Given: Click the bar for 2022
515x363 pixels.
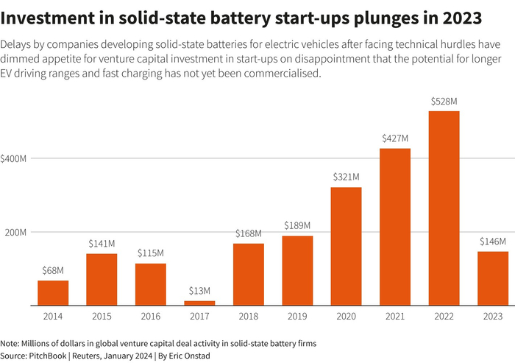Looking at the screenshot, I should click(444, 208).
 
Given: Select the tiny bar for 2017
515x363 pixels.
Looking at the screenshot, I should click(199, 303).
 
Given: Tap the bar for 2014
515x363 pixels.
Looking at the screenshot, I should click(53, 292).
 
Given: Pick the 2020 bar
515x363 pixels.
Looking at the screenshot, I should click(346, 246).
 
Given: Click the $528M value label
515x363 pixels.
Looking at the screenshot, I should click(444, 100).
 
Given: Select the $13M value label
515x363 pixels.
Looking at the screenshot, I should click(199, 290).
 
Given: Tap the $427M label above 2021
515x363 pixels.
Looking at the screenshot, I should click(395, 138).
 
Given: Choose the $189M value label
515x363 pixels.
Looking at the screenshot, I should click(297, 225).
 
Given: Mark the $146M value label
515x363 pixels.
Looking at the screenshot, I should click(492, 241).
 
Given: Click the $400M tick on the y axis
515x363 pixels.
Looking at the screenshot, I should click(15, 158).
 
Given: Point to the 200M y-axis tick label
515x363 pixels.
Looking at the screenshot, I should click(15, 232).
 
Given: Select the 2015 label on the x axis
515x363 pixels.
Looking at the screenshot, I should click(102, 316).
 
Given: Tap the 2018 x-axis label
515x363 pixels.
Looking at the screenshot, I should click(248, 316).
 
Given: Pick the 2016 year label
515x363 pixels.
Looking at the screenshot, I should click(151, 316).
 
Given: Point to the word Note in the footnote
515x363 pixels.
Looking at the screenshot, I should click(10, 344).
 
